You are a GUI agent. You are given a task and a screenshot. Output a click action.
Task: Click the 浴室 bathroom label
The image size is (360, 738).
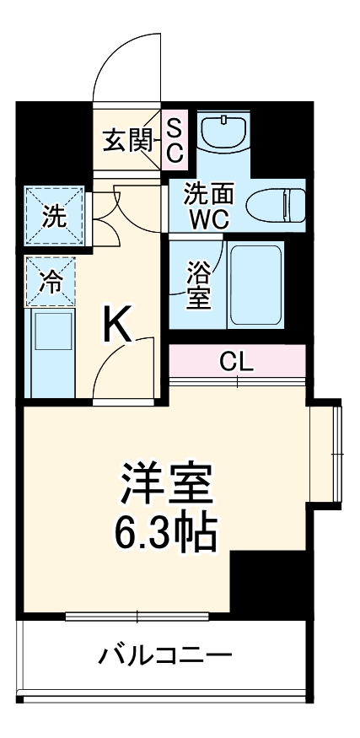(198, 285)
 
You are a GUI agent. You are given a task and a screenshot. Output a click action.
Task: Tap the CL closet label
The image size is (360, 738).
(237, 363)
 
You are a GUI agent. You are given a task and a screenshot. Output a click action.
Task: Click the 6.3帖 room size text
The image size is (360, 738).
(165, 531)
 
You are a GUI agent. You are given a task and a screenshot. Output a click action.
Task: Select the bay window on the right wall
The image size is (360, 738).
(330, 455)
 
